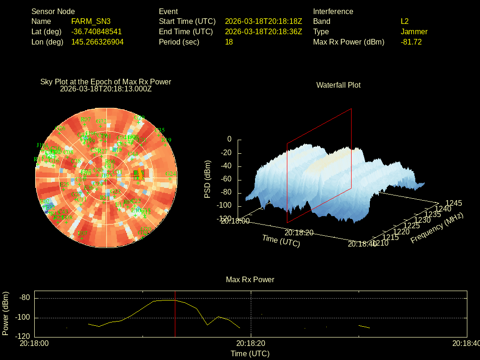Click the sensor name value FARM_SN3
click(91, 22)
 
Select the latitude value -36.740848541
click(97, 32)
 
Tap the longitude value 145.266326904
click(97, 42)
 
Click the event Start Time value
click(263, 22)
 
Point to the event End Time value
click(263, 32)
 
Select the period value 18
click(229, 42)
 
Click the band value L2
click(405, 22)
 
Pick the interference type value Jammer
click(414, 32)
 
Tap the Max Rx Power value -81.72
click(411, 42)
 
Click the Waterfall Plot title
click(338, 85)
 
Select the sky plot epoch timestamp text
click(106, 88)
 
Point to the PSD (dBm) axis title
click(208, 179)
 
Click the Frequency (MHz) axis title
click(437, 228)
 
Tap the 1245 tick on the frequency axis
click(453, 203)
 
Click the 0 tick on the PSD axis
click(229, 139)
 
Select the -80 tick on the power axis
click(25, 298)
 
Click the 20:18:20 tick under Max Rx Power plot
click(251, 343)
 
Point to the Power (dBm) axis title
click(6, 313)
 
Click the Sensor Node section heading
click(53, 11)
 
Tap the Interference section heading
click(333, 11)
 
